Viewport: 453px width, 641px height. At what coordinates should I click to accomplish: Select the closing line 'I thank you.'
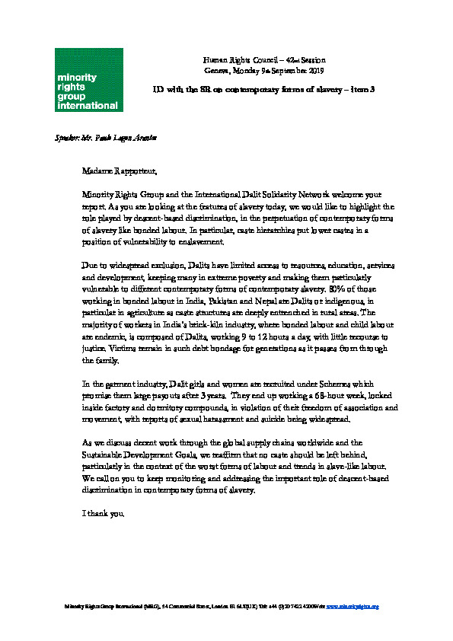tap(103, 513)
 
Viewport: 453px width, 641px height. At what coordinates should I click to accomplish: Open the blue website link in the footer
tap(353, 607)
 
